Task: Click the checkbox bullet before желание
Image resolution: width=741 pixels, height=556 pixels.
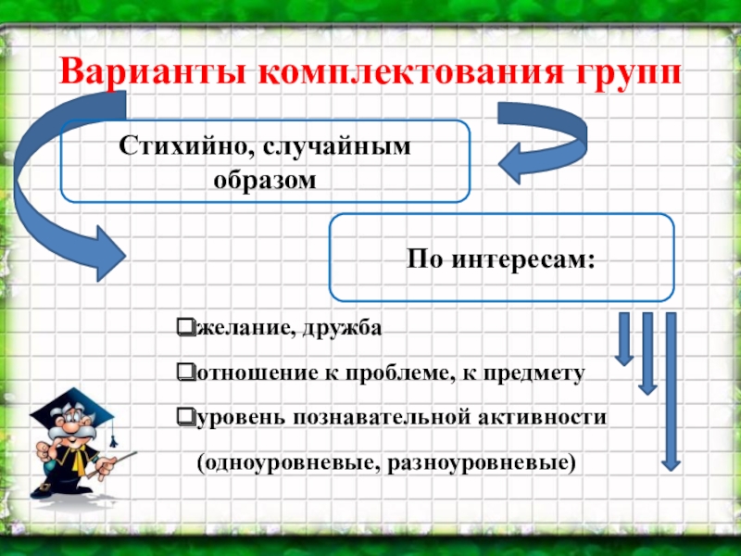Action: (184, 327)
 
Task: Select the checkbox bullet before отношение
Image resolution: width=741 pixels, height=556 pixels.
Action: (184, 373)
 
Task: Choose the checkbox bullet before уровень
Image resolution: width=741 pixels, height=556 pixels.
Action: (184, 417)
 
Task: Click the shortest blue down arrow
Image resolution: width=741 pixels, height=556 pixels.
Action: (624, 338)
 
